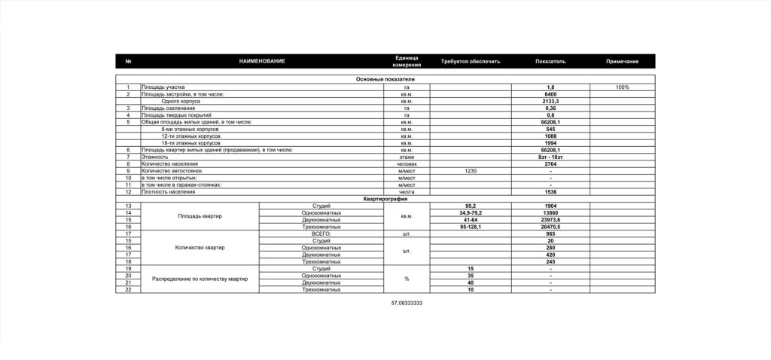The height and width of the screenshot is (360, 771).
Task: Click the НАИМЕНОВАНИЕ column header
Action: pyautogui.click(x=262, y=61)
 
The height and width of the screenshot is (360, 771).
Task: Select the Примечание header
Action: pyautogui.click(x=622, y=61)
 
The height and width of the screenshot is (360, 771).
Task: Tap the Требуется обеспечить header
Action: pyautogui.click(x=471, y=61)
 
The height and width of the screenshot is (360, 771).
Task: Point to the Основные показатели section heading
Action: pyautogui.click(x=385, y=79)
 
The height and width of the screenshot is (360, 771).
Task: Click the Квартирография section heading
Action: pyautogui.click(x=385, y=199)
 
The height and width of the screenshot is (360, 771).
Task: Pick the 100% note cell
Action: pyautogui.click(x=622, y=87)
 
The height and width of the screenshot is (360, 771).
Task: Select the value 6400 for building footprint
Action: pyautogui.click(x=550, y=94)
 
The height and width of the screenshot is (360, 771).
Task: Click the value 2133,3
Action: pyautogui.click(x=550, y=101)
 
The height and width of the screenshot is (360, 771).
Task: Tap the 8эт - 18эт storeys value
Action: pyautogui.click(x=550, y=157)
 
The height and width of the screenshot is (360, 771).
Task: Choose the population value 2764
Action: pyautogui.click(x=550, y=163)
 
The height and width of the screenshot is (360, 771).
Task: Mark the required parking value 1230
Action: pyautogui.click(x=471, y=171)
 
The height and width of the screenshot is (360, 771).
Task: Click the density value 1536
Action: pyautogui.click(x=550, y=192)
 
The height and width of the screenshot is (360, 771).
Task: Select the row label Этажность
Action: pyautogui.click(x=154, y=157)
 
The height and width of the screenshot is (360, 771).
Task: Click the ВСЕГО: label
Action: pyautogui.click(x=322, y=233)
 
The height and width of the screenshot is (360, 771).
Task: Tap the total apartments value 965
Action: pyautogui.click(x=550, y=233)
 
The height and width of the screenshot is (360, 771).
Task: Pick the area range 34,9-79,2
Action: pyautogui.click(x=471, y=213)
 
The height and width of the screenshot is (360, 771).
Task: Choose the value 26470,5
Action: pyautogui.click(x=550, y=227)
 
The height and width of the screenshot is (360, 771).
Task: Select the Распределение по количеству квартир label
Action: pyautogui.click(x=200, y=279)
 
